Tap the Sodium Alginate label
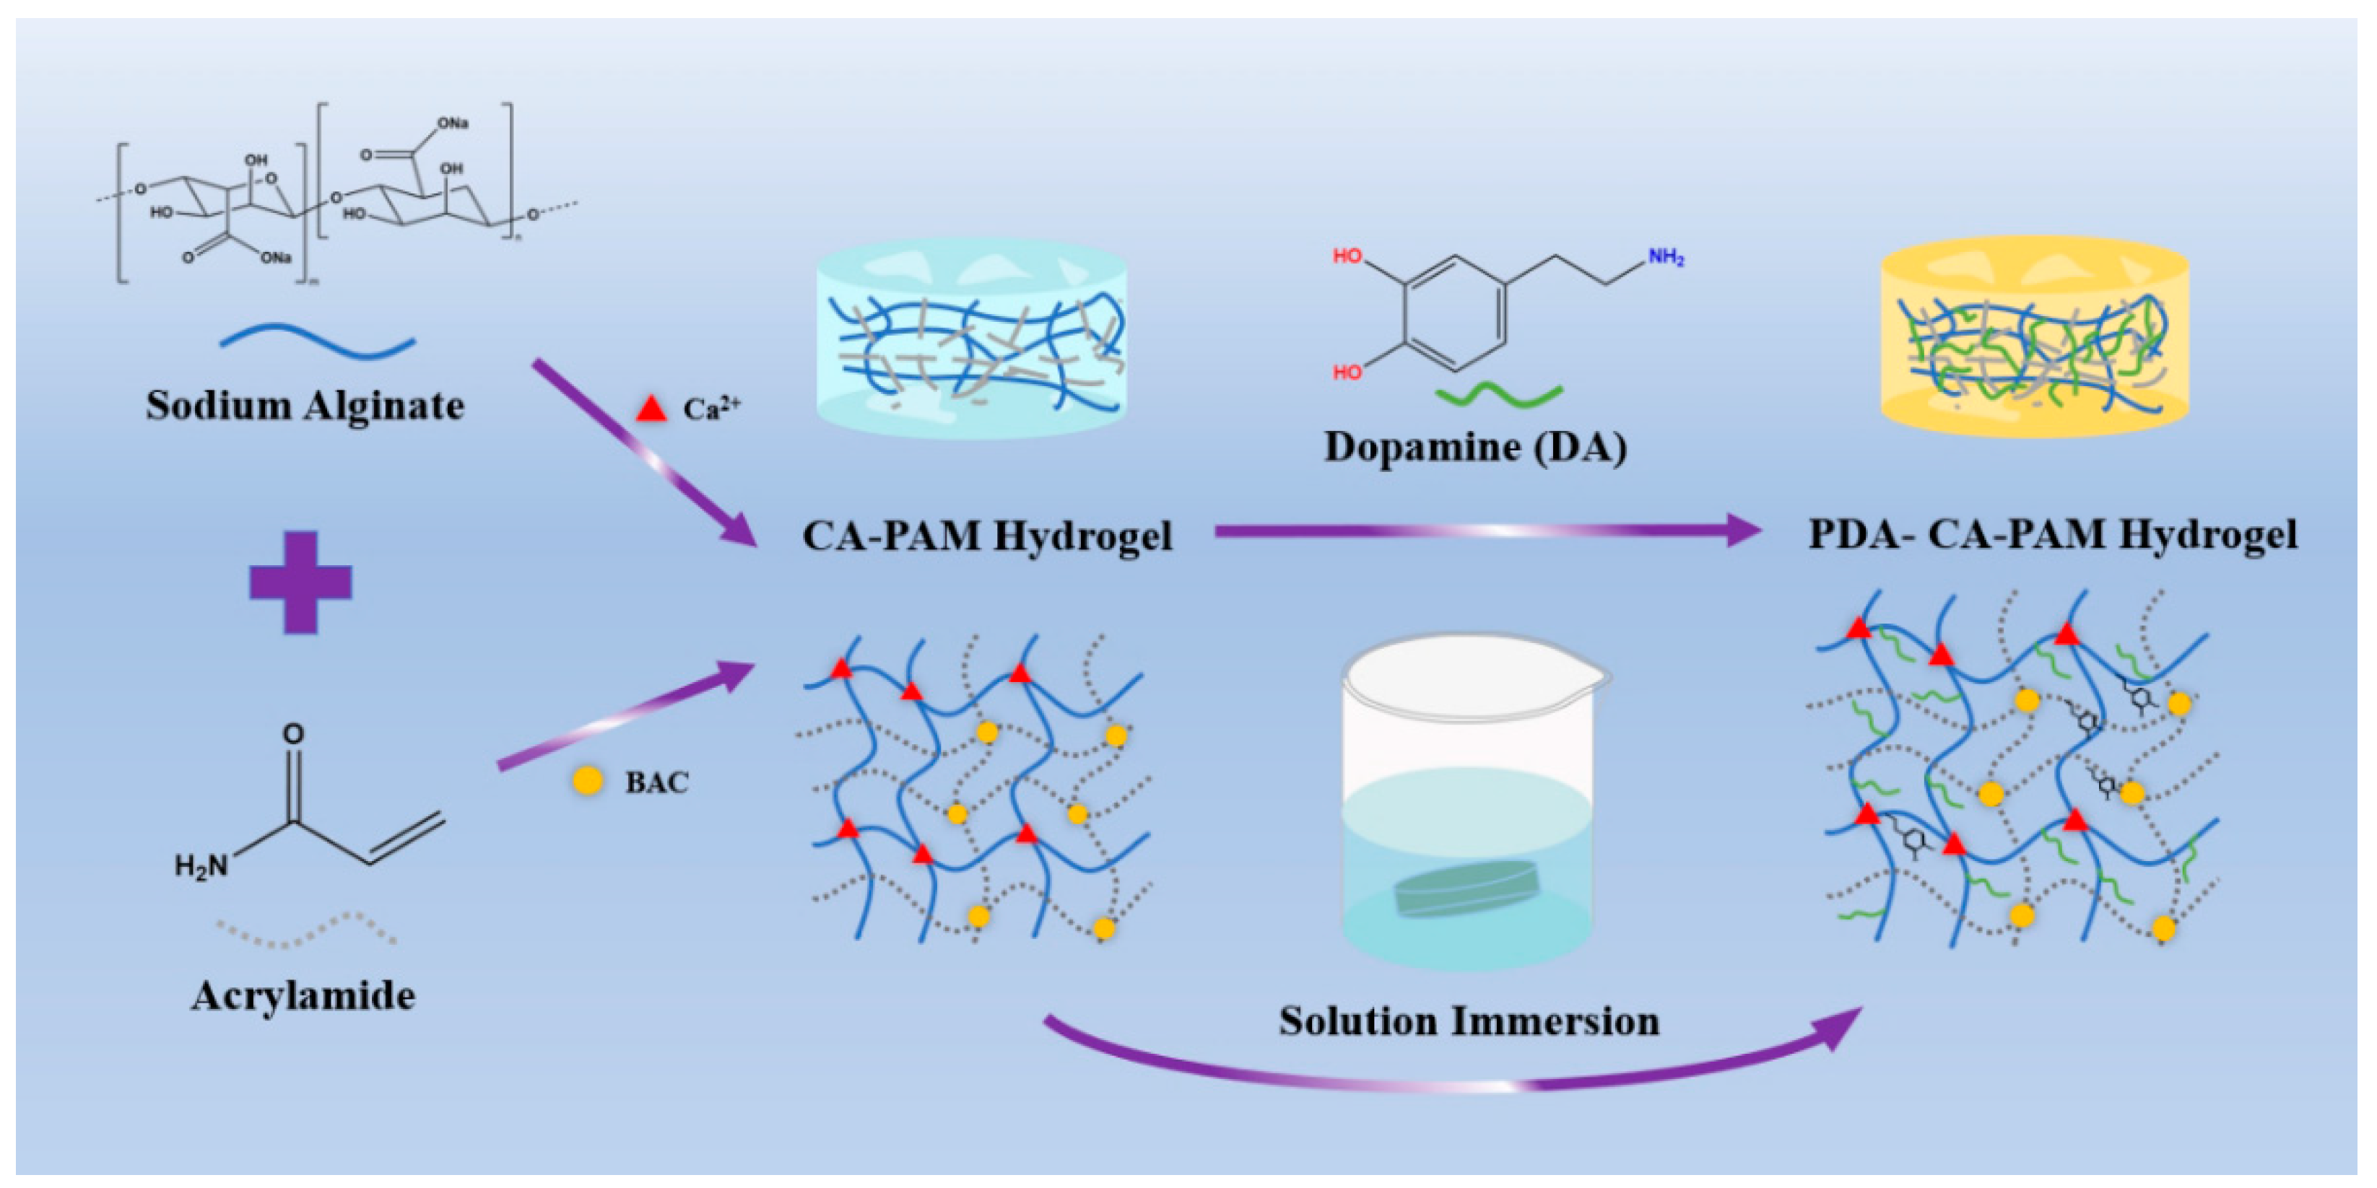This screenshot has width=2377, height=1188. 305,406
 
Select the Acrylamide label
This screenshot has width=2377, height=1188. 303,996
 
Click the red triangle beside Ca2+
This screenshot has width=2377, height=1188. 651,409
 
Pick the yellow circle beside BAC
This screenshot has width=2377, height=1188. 588,781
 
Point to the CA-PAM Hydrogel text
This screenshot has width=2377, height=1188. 987,536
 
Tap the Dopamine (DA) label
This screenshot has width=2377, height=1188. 1475,447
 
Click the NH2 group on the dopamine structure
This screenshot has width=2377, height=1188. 1666,258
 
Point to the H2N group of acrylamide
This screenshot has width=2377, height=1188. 201,866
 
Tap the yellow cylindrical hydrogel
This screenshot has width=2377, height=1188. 2035,336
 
